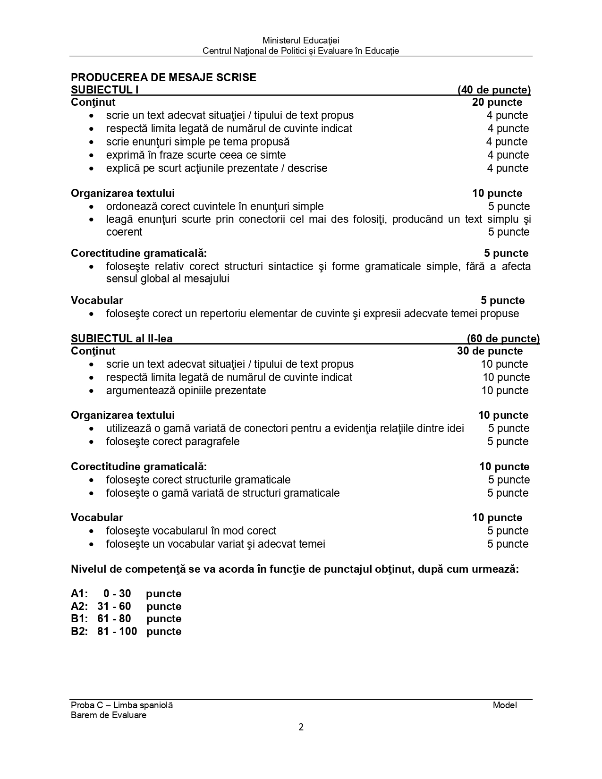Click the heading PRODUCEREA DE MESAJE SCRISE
(x=163, y=77)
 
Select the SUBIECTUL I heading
(x=104, y=90)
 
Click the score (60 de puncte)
(x=503, y=339)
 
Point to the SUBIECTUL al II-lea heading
(x=122, y=339)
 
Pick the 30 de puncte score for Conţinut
(x=490, y=351)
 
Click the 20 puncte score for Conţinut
(x=497, y=102)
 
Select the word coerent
(x=124, y=232)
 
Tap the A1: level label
(x=79, y=593)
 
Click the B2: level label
(x=79, y=632)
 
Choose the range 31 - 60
(x=114, y=606)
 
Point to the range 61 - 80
(x=114, y=619)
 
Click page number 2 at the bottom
(x=301, y=727)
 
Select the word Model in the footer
(x=505, y=705)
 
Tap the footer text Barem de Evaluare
(x=109, y=715)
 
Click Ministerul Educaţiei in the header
(x=301, y=41)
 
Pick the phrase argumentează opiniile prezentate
(x=186, y=390)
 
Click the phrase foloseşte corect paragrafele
(x=173, y=441)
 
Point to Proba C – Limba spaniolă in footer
(x=122, y=705)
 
